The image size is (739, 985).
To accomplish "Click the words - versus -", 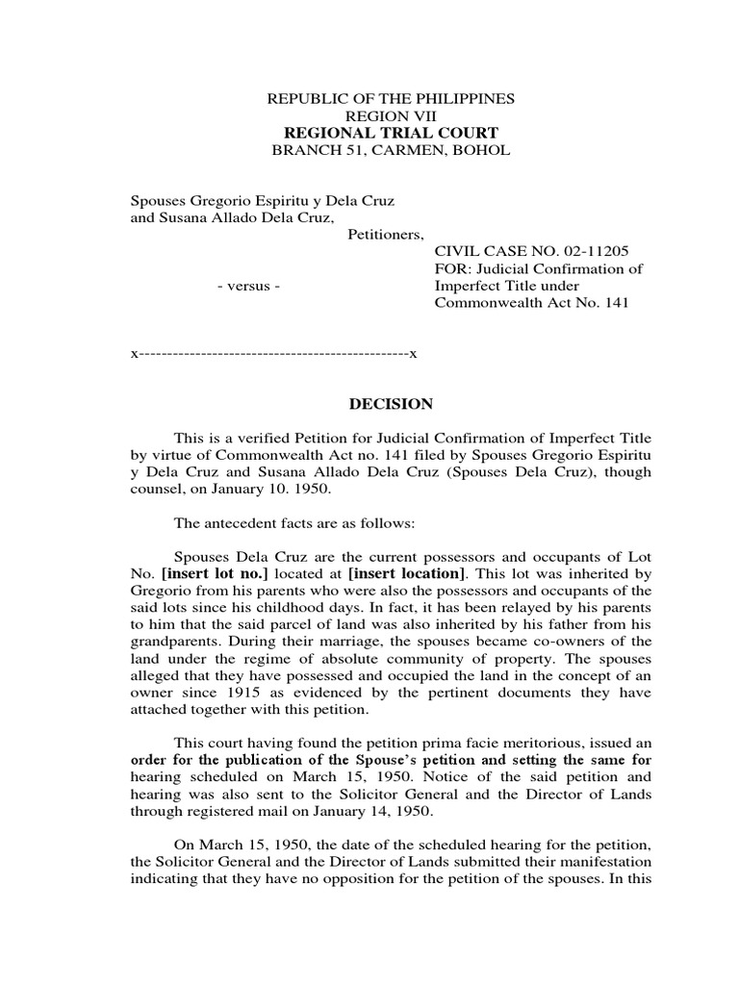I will (x=249, y=287).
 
